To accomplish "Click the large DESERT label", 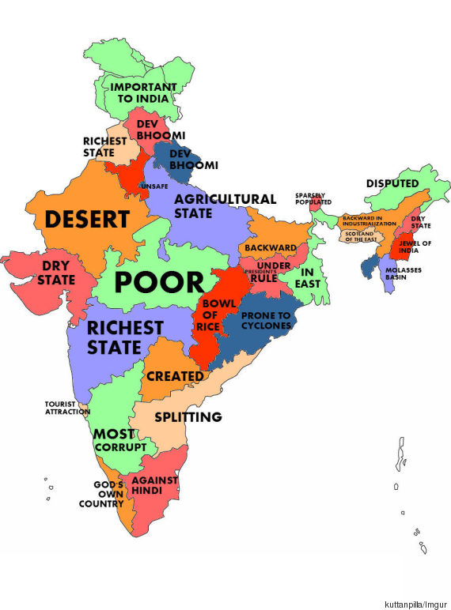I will [x=87, y=219].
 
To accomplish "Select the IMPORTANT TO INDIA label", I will [x=142, y=92].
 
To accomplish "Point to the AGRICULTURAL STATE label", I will [x=225, y=206].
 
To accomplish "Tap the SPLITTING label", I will [x=188, y=416].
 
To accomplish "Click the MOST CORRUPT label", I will [x=120, y=441].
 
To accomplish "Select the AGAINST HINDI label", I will [x=155, y=485].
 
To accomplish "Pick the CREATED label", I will [x=175, y=376].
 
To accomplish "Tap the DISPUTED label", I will [x=392, y=183].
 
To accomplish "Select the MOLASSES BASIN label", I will [x=402, y=274].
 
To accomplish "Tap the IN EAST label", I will [x=306, y=277].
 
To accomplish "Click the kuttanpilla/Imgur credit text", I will [x=415, y=603].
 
